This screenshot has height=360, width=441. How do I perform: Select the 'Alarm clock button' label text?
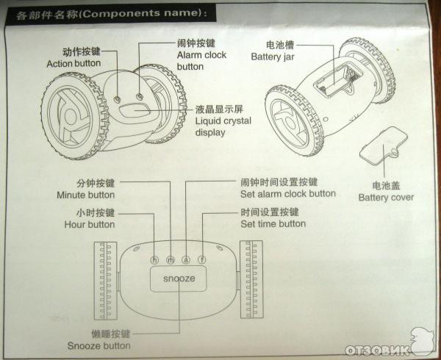click(201, 55)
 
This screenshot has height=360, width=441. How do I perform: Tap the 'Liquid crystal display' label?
click(221, 123)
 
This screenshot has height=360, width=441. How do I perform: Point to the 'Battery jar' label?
click(273, 56)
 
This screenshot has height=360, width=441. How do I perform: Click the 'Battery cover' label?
click(386, 197)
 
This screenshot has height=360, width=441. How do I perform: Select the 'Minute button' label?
click(85, 195)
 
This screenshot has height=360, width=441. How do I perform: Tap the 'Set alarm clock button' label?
click(287, 194)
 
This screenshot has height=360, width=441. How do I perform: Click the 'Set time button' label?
click(273, 223)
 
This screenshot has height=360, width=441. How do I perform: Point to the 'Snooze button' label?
click(98, 345)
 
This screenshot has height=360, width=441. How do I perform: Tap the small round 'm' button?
click(171, 259)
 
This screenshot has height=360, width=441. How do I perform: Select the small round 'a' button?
click(186, 259)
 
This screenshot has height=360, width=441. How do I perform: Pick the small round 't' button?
click(201, 259)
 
